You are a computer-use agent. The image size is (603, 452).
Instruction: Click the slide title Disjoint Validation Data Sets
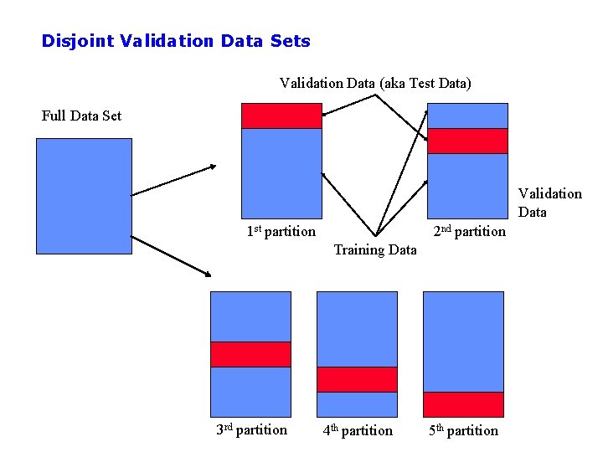176,41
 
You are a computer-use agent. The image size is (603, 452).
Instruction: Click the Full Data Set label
81,116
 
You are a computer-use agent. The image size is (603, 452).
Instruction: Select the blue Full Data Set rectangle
84,195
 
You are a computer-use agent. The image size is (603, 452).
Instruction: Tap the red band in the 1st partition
281,116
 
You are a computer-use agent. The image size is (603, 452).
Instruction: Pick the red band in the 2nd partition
467,141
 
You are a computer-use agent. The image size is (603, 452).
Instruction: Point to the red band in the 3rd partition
250,354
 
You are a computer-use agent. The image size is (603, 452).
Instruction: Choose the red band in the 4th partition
357,379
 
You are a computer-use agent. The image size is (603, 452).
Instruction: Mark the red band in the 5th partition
463,404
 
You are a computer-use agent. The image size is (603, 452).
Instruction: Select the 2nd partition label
469,231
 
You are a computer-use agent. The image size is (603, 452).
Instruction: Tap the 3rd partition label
251,430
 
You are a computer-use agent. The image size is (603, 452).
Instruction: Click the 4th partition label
358,430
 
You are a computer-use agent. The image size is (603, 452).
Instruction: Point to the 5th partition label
463,430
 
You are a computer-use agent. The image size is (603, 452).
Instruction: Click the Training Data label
375,249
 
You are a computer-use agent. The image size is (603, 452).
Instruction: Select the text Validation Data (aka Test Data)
375,83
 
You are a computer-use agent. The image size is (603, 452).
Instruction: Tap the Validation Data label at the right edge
549,203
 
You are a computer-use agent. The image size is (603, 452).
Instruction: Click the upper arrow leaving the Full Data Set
174,180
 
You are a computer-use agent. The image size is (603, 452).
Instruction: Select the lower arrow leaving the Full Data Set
170,255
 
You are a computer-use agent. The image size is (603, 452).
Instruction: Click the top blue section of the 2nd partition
467,116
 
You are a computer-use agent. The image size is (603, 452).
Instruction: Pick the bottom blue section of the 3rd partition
250,392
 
